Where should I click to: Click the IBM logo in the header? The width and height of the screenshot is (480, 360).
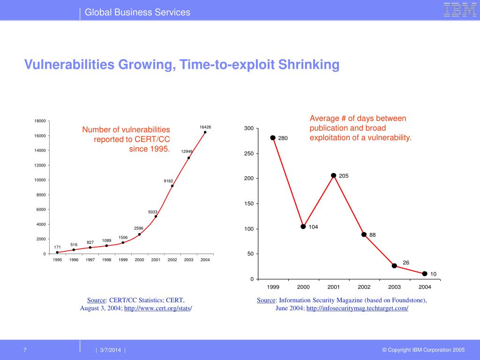(460, 10)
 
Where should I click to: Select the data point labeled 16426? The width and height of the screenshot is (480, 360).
(205, 132)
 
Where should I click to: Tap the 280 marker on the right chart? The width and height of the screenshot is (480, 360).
(273, 138)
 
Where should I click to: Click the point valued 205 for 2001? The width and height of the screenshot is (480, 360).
(333, 175)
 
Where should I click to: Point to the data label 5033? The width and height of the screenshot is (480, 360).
(153, 212)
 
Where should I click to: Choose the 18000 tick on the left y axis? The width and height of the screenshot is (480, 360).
(40, 121)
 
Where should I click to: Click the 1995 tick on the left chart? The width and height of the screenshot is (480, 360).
(57, 260)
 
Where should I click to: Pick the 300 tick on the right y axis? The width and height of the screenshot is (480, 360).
(248, 128)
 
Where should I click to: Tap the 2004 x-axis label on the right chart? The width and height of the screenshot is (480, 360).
(425, 286)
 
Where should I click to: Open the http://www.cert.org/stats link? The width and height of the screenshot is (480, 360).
(157, 308)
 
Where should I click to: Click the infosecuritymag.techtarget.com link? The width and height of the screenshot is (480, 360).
(357, 308)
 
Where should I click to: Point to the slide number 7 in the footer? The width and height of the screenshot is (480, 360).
(25, 350)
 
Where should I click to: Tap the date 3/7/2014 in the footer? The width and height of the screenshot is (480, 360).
(110, 350)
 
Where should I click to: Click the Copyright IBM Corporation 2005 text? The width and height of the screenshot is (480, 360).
(423, 350)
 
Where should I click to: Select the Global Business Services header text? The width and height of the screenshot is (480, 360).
(137, 12)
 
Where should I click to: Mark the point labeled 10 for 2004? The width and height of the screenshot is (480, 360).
(425, 273)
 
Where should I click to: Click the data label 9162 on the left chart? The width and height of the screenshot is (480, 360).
(168, 180)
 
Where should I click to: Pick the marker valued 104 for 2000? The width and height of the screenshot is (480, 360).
(303, 226)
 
